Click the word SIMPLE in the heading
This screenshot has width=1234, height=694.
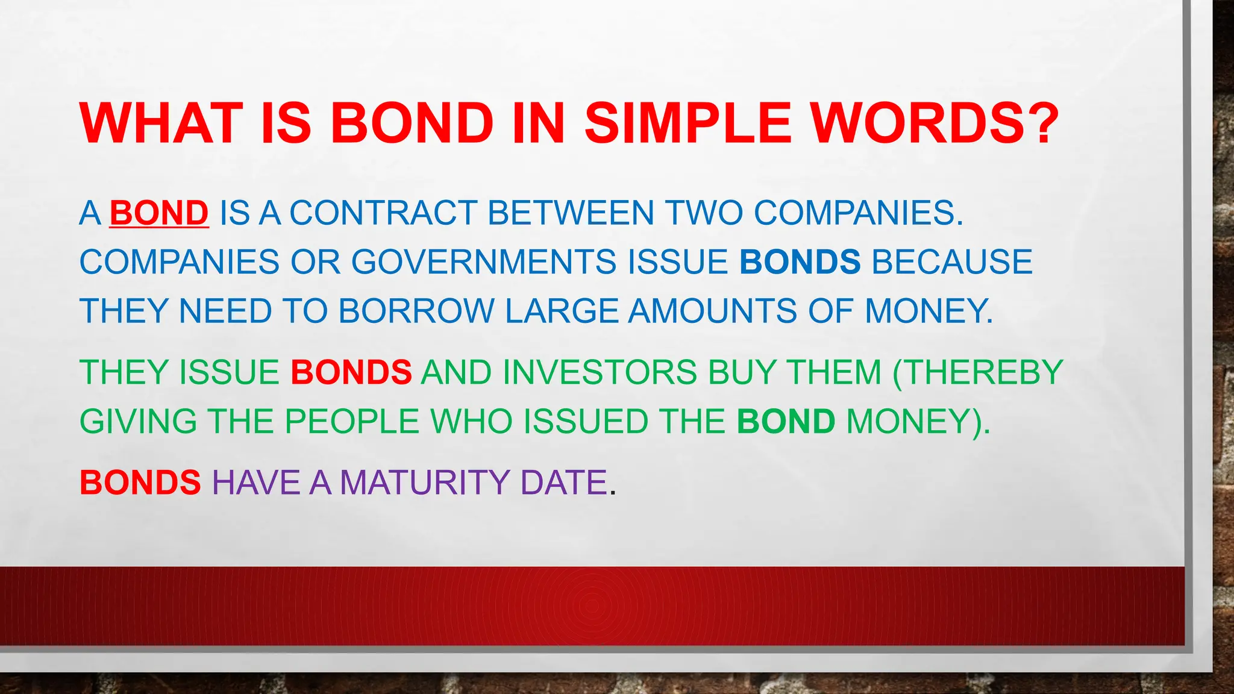687,123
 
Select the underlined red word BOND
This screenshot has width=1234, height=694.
159,213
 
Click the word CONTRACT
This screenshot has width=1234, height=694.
383,213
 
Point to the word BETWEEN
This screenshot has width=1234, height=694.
571,213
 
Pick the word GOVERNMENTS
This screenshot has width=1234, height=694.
484,262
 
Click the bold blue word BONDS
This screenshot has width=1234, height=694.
800,262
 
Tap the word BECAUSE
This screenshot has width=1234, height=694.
952,262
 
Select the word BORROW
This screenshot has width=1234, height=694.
416,311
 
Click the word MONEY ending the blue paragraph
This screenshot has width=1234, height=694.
929,311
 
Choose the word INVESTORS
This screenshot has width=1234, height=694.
600,372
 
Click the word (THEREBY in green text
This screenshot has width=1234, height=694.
978,372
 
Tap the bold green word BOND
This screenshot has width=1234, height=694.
786,421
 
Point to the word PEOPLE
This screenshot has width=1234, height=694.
351,421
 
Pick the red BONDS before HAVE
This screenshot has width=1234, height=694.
140,483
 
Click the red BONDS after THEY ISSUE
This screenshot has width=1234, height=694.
351,372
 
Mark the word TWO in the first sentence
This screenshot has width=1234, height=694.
704,213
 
